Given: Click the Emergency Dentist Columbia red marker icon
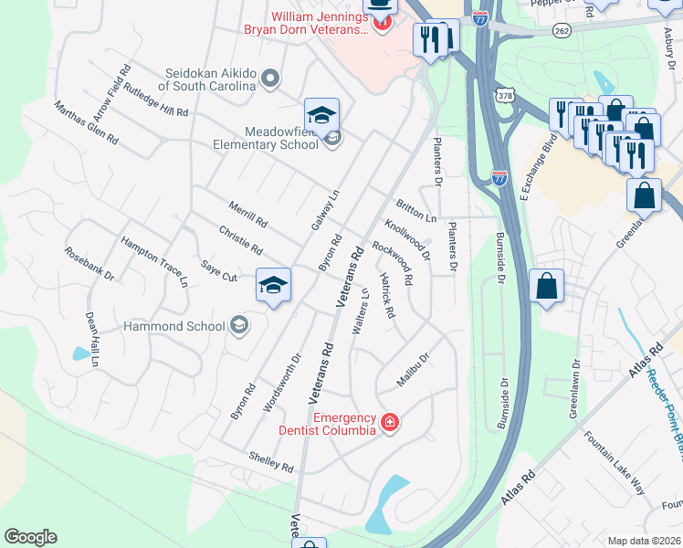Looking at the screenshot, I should click(390, 422).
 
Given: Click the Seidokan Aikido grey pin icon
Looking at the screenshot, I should click(268, 79).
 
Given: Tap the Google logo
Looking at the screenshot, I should click(30, 537).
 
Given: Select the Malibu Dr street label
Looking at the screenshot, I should click(413, 368).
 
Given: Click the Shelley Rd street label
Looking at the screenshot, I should click(270, 461).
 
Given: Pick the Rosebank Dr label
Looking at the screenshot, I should click(89, 262).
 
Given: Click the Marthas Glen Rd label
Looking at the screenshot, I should click(86, 123).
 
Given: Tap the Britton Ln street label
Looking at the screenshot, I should click(415, 211).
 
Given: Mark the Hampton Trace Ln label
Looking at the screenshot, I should click(154, 261).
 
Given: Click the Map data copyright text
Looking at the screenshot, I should click(643, 540).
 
